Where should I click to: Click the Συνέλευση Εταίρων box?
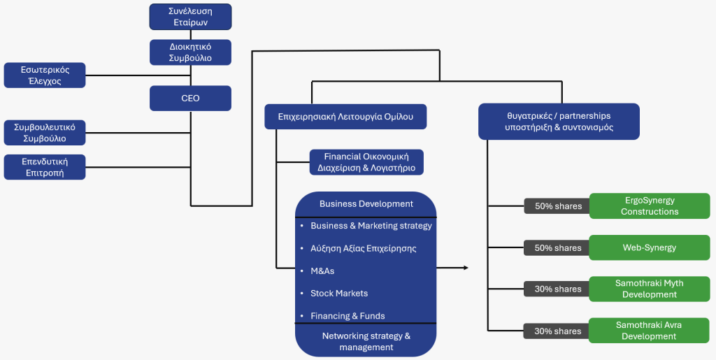(190, 17)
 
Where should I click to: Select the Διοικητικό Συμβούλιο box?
(190, 52)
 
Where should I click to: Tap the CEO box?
(190, 99)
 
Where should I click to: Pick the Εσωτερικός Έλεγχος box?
(45, 75)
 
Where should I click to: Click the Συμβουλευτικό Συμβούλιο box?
(45, 133)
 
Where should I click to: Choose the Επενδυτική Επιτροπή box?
(45, 167)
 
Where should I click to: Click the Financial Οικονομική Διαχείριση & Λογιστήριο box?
(366, 162)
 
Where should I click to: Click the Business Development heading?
(366, 204)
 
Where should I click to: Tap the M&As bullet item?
(322, 271)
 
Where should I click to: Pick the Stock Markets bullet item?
(339, 293)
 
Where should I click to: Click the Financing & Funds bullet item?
(348, 315)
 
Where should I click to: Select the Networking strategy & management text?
(366, 341)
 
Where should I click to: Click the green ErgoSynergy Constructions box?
(650, 206)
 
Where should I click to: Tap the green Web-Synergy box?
(650, 247)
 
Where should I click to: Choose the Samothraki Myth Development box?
(650, 289)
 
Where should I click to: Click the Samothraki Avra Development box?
(650, 331)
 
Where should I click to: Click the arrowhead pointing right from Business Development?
(466, 268)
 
